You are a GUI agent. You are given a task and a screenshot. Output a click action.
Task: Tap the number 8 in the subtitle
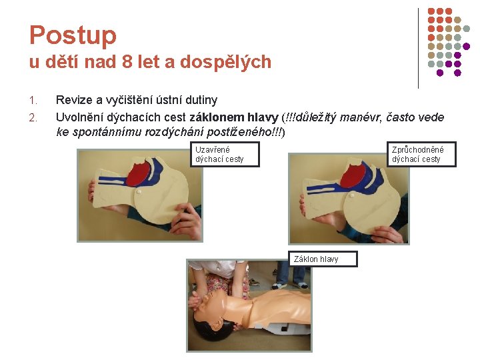coord(127,61)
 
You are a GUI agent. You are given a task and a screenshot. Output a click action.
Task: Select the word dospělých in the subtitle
coord(225,62)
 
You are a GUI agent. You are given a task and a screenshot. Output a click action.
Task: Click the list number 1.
coord(33,101)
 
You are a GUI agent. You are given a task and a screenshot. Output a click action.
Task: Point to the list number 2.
coord(33,117)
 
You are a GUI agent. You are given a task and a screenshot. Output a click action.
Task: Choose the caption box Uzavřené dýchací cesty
coord(225,154)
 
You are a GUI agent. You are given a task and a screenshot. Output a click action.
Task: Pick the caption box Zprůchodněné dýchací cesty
coord(421,154)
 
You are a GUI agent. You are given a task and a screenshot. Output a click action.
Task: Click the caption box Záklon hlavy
coord(323,259)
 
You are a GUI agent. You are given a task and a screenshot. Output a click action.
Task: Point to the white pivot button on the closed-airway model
coord(139,192)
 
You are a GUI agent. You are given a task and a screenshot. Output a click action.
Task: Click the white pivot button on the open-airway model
coord(352,195)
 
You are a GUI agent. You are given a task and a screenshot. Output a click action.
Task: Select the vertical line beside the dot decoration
coord(418,49)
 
